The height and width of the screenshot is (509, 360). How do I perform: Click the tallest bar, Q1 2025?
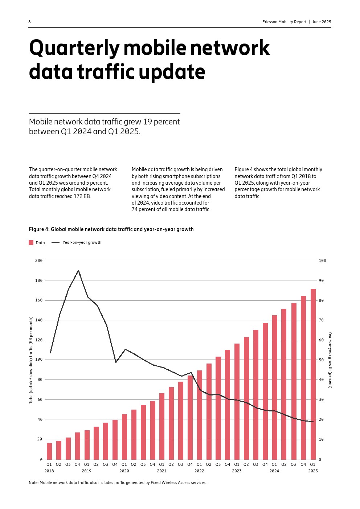[313, 374]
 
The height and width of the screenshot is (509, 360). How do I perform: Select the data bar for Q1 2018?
[49, 451]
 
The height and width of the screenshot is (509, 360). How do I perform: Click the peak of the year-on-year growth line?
[78, 270]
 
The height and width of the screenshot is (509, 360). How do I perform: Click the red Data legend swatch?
[31, 243]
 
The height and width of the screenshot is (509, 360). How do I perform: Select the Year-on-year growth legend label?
[82, 243]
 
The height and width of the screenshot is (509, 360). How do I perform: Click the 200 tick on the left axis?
[39, 260]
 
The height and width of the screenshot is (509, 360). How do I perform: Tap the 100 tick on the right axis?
[322, 260]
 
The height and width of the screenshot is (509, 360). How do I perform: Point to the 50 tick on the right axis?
[321, 360]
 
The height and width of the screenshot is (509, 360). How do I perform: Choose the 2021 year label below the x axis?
[161, 471]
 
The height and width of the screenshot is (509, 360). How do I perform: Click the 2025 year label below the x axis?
[313, 471]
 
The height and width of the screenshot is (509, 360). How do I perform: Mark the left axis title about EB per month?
[31, 360]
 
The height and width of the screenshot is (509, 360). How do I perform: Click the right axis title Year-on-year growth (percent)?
[330, 360]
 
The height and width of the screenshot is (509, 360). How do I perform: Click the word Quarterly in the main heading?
[74, 48]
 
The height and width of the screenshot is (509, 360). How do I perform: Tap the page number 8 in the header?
[29, 22]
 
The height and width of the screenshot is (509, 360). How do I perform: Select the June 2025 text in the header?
[322, 22]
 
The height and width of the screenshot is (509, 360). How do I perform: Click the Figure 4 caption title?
[111, 229]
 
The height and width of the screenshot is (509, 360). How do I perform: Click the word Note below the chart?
[33, 483]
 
